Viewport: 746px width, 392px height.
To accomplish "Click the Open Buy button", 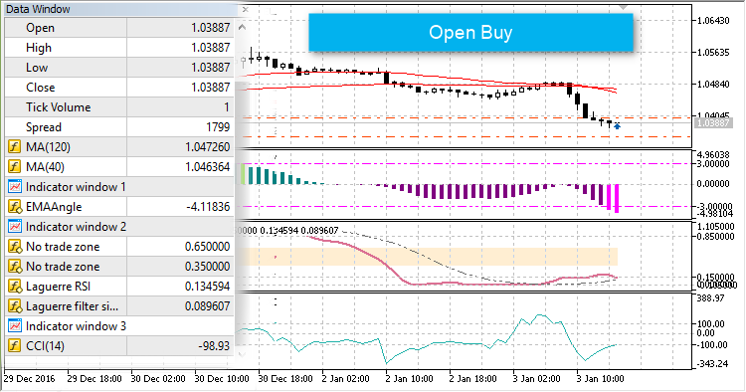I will coord(470,32).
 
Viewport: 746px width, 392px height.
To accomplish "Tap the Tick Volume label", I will coord(59,107).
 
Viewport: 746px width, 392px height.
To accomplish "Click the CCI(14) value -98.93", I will coord(212,346).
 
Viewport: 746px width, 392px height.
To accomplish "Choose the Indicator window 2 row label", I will coord(77,227).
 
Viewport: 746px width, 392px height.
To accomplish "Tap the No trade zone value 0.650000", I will coord(207,247).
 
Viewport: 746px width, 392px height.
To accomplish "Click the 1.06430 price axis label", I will coord(718,21).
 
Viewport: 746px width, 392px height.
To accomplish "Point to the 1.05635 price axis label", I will coord(718,54).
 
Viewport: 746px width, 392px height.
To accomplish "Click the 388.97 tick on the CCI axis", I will coord(712,297).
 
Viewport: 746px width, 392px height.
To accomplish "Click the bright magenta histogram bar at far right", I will coord(617,198).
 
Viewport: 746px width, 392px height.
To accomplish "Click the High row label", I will coord(40,48).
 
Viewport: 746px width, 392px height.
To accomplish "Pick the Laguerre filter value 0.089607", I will coord(207,306).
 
